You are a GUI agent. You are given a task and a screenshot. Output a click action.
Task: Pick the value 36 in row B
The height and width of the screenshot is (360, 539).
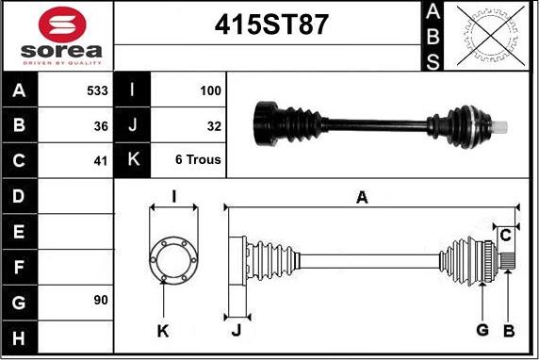pyautogui.click(x=101, y=125)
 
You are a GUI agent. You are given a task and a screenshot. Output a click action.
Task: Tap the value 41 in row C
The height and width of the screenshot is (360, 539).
pyautogui.click(x=101, y=159)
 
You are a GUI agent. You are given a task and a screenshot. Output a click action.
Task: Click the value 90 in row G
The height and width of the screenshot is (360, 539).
pyautogui.click(x=101, y=300)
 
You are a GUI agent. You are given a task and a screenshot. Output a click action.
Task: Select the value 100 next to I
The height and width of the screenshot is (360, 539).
pyautogui.click(x=210, y=91)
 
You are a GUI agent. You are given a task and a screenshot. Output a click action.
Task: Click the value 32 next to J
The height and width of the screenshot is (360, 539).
pyautogui.click(x=214, y=125)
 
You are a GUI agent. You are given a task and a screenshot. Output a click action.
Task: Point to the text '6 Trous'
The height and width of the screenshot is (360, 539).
pyautogui.click(x=198, y=159)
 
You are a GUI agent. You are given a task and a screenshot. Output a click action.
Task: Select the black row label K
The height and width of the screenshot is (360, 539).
pyautogui.click(x=132, y=159)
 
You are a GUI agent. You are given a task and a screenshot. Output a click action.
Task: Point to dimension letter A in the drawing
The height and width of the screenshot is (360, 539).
pyautogui.click(x=361, y=196)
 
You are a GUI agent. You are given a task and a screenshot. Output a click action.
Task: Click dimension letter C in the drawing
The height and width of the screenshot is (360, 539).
pyautogui.click(x=505, y=234)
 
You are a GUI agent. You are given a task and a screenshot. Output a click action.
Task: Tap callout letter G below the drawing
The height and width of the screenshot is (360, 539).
pyautogui.click(x=482, y=330)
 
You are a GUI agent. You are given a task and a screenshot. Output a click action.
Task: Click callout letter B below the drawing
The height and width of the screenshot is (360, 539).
pyautogui.click(x=509, y=330)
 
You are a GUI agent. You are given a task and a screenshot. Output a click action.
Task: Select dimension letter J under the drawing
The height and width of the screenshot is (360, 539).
pyautogui.click(x=236, y=330)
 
